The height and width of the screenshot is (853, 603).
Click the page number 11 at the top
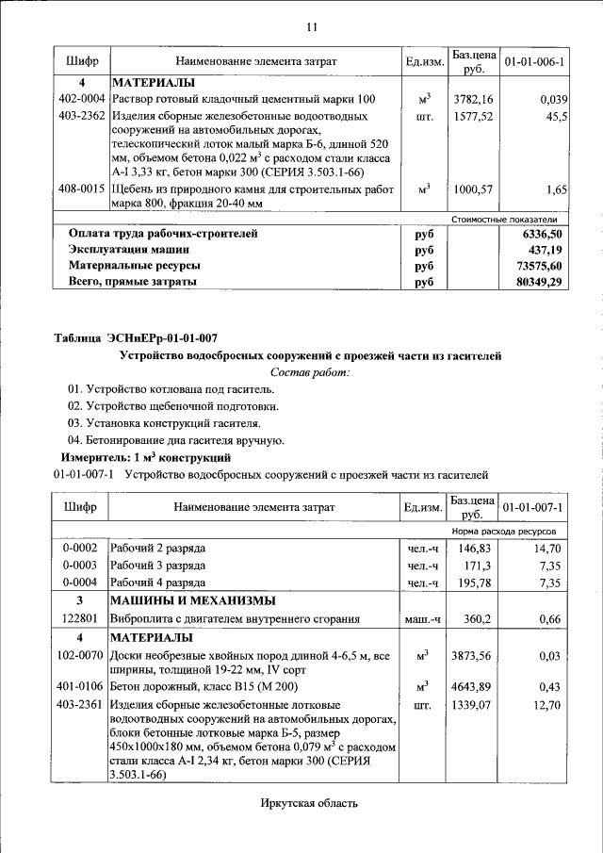311,25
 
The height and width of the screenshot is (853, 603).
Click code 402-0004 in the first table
81,99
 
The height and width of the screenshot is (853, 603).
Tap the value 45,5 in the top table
555,117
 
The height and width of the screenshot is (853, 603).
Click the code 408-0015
81,189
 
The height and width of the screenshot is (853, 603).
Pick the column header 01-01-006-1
534,61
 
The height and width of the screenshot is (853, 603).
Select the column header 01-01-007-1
534,508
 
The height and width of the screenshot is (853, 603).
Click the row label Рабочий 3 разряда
158,566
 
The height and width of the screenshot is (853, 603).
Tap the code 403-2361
81,704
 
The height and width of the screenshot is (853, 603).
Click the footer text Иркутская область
310,803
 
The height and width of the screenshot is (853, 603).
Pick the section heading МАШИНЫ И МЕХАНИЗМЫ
193,600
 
